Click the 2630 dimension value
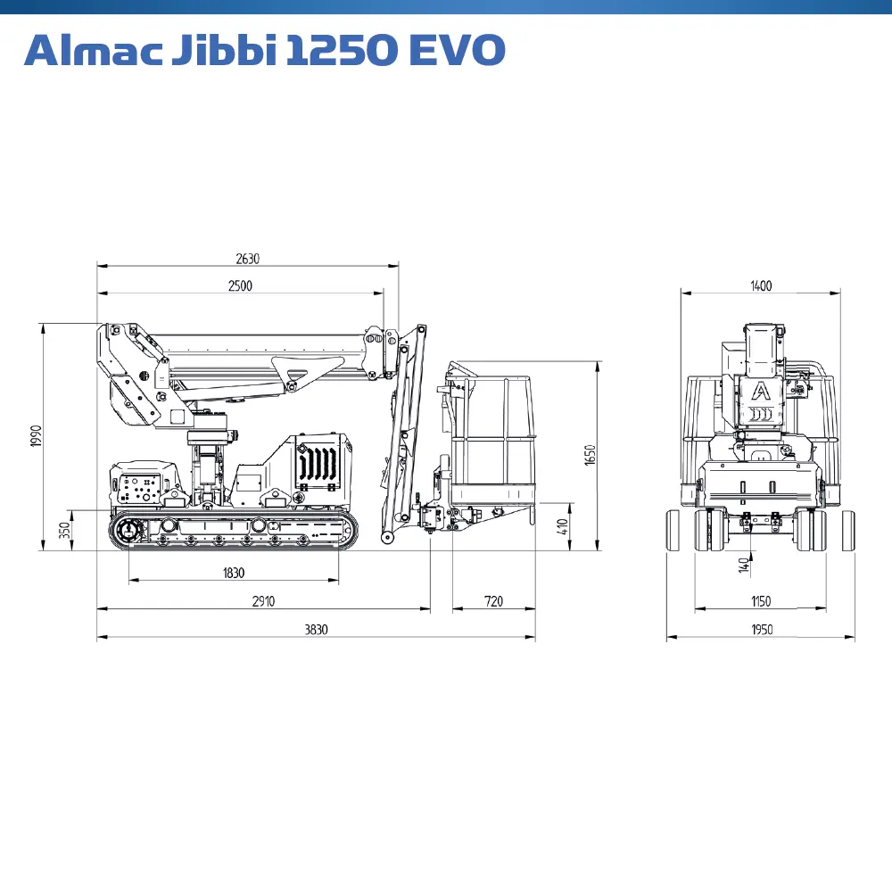tap(247, 259)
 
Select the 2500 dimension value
tap(240, 286)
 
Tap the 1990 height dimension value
tap(37, 436)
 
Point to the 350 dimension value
tap(65, 530)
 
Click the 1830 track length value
tap(233, 573)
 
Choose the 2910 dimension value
tap(263, 601)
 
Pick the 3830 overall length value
tap(316, 630)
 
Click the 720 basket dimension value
tap(493, 601)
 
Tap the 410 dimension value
tap(562, 527)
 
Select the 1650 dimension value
tap(590, 455)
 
